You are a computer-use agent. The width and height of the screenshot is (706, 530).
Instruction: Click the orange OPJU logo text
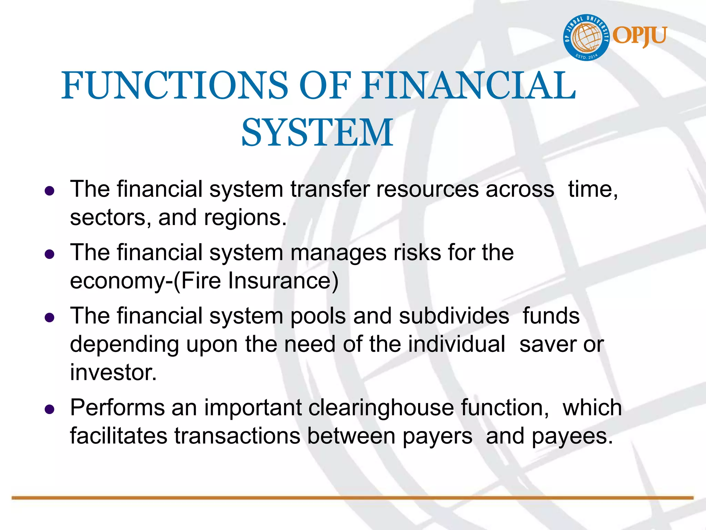(x=640, y=36)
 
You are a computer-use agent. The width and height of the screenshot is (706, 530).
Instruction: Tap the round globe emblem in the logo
(x=586, y=38)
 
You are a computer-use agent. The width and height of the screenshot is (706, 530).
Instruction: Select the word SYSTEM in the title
(x=317, y=132)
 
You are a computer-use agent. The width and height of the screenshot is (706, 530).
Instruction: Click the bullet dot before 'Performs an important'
(x=50, y=410)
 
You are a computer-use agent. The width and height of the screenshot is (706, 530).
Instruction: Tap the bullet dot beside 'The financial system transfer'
(x=50, y=191)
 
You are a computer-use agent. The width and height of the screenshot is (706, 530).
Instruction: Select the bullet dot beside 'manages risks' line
(x=50, y=254)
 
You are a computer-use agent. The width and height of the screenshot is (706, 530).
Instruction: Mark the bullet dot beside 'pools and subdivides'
(x=50, y=317)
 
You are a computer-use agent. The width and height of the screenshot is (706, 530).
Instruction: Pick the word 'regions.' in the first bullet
(x=245, y=218)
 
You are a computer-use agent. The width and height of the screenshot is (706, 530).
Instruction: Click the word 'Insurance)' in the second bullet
(x=283, y=281)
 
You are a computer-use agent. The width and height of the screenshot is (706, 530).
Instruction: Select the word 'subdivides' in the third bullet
(x=454, y=316)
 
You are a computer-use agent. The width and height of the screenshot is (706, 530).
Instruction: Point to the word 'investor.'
(x=113, y=372)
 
